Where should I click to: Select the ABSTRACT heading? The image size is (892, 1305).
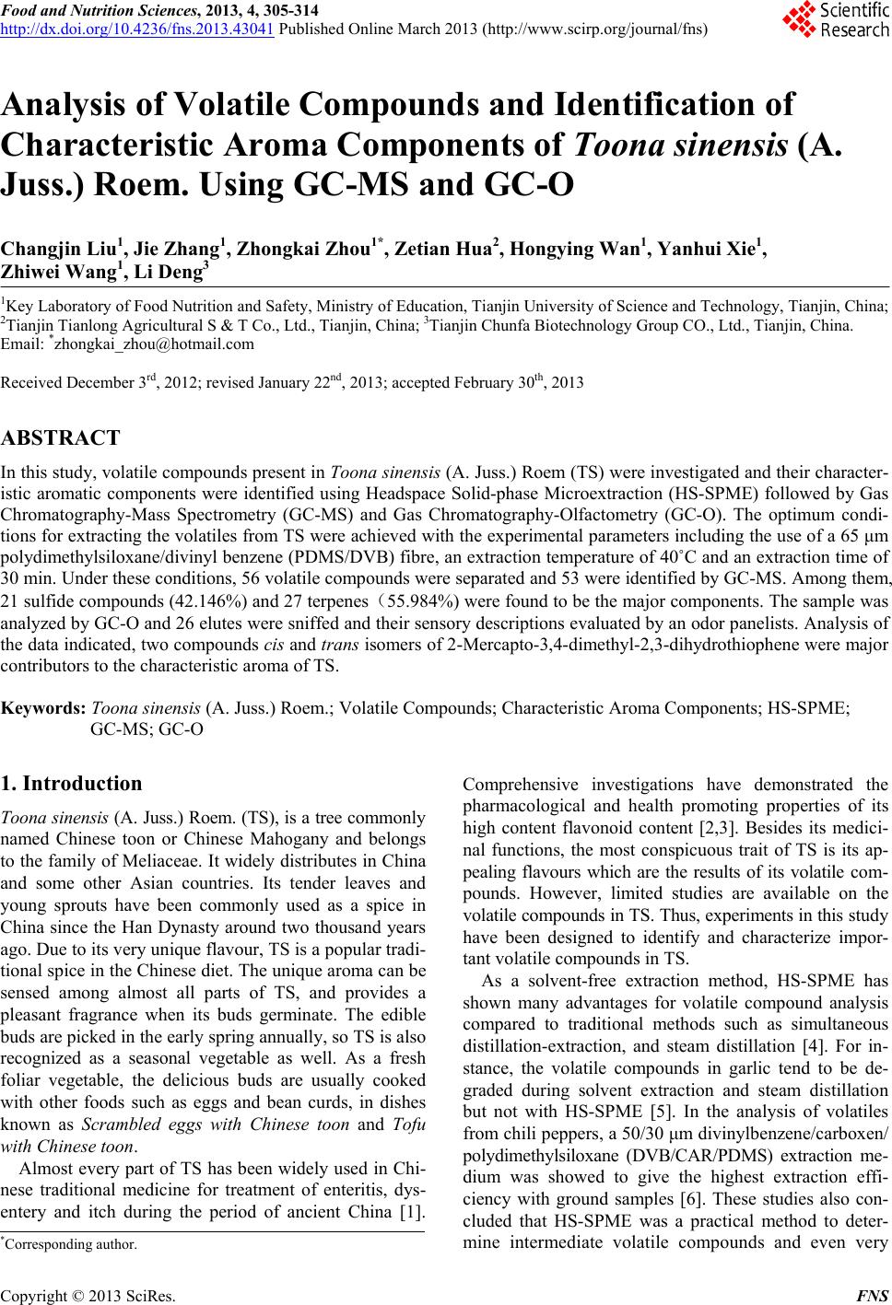61,437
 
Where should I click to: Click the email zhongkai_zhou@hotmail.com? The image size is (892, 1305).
152,345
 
